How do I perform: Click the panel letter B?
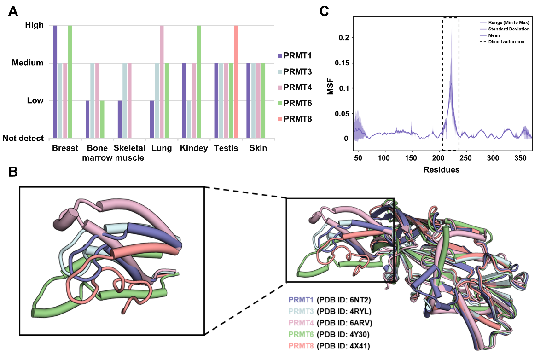click(13, 174)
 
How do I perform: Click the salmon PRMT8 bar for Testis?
click(236, 81)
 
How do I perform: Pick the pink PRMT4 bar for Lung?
click(162, 81)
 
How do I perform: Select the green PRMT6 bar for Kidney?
click(199, 81)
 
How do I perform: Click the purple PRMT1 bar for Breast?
click(55, 81)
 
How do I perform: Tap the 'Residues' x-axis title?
click(443, 169)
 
